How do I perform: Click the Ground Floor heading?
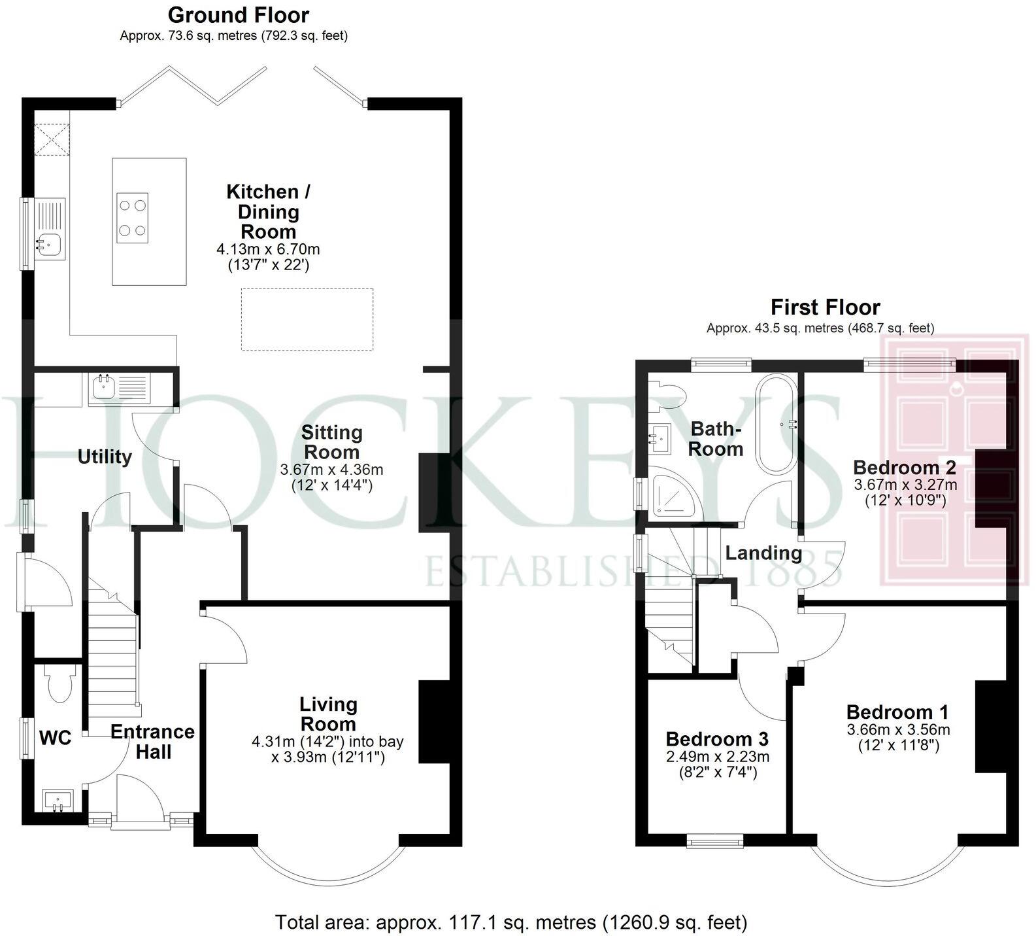point(239,14)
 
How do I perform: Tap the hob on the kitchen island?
point(133,218)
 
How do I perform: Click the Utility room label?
point(105,457)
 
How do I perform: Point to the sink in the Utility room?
point(103,387)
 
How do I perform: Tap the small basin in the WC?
point(58,799)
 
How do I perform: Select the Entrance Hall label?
point(152,741)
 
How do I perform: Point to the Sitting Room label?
point(331,442)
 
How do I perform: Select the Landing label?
point(763,553)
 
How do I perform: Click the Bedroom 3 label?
point(717,739)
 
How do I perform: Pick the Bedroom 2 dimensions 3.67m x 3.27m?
point(905,485)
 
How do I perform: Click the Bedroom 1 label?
point(897,712)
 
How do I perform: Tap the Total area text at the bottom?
point(510,922)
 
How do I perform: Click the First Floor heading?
point(825,307)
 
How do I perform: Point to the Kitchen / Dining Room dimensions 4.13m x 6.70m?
point(268,249)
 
